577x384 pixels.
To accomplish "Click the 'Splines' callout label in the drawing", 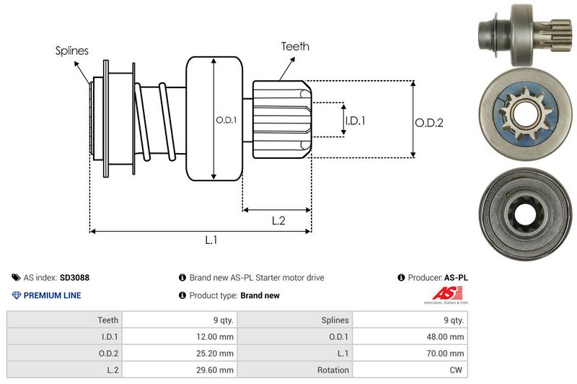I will [x=71, y=51].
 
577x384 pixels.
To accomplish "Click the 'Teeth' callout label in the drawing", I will [x=295, y=46].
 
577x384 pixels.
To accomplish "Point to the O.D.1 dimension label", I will [x=226, y=121].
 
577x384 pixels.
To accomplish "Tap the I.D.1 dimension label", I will [x=356, y=121].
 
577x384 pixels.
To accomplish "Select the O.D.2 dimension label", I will [x=428, y=123].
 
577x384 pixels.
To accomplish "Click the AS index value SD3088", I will [x=75, y=277].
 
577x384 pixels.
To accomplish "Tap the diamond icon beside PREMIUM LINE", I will [x=16, y=295].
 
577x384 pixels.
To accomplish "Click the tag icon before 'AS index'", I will [x=16, y=277].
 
